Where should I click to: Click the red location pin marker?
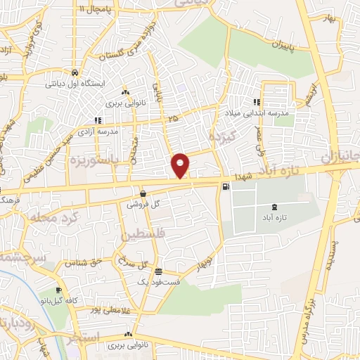click(x=181, y=165)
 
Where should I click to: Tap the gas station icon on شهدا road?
click(x=225, y=186)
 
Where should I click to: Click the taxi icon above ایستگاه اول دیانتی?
click(x=75, y=72)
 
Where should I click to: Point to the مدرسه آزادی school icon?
click(x=98, y=120)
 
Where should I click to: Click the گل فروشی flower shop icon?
click(x=143, y=193)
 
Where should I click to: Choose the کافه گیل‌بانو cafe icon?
click(x=59, y=290)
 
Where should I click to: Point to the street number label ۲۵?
click(x=174, y=119)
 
